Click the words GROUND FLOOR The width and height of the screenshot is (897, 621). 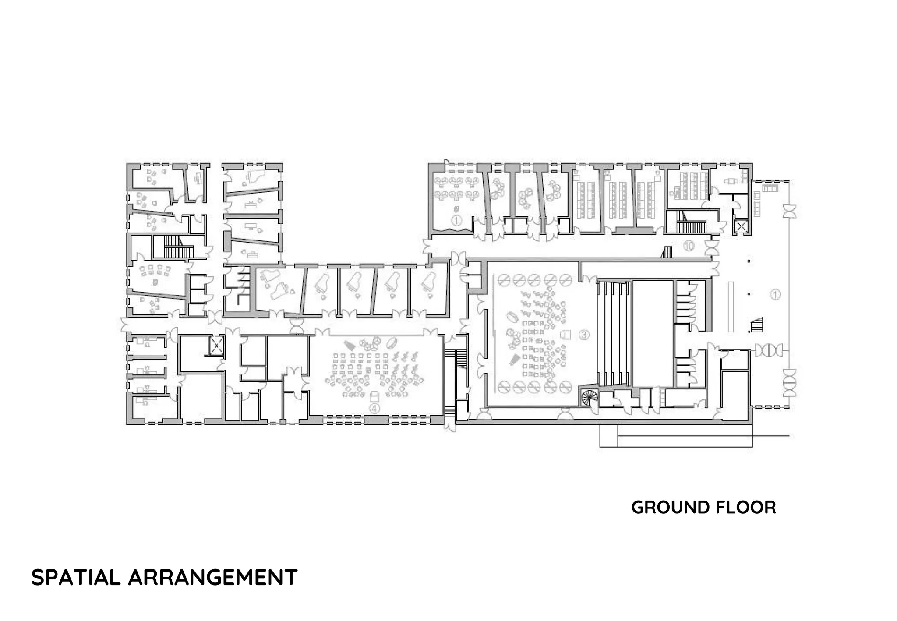point(703,508)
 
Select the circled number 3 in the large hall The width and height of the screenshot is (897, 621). point(584,335)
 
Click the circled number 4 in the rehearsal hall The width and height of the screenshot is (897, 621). point(374,408)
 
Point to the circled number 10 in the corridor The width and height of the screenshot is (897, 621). point(688,246)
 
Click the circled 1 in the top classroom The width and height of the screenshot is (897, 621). point(456,220)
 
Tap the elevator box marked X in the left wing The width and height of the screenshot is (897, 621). point(217,346)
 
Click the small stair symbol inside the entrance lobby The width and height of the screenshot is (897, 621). point(756,325)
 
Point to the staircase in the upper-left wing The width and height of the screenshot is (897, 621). point(179,247)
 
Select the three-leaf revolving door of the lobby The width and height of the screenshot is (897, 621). point(769,350)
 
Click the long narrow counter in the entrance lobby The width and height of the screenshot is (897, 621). point(731,307)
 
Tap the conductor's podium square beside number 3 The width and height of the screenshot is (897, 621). point(566,334)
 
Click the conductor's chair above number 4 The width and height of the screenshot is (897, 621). point(374,397)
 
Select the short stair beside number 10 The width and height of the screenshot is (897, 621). point(667,252)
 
